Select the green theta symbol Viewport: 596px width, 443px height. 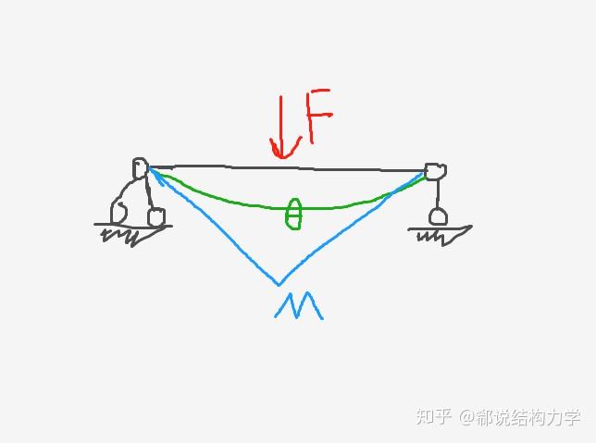pos(293,213)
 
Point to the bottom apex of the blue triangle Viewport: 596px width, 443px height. pos(279,283)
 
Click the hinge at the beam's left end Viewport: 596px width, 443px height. pos(140,168)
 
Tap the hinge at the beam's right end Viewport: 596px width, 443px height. pos(434,171)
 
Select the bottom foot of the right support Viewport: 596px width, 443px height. pos(439,217)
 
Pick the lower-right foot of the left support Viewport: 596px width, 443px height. pos(156,217)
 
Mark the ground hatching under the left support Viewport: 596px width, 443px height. pos(125,235)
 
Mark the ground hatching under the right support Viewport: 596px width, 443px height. pos(439,235)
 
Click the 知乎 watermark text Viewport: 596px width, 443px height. pos(433,417)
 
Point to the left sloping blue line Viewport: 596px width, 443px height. pos(213,227)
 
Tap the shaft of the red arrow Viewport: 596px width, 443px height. pos(281,120)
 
